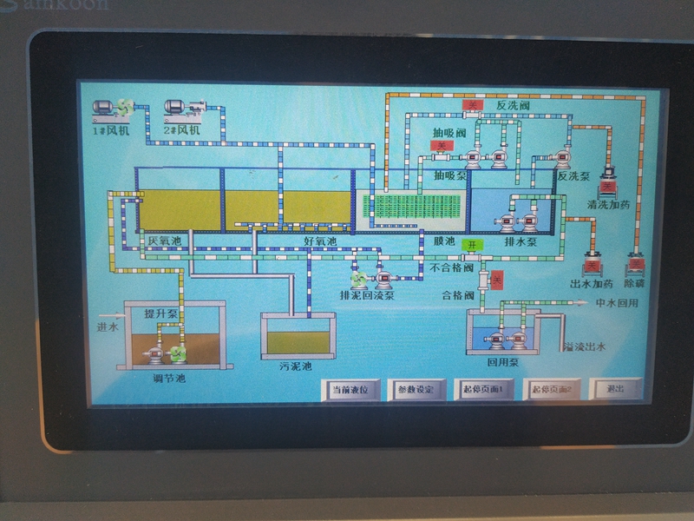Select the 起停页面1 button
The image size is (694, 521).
[483, 389]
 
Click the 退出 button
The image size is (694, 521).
[615, 388]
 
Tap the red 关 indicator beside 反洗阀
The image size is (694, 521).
[473, 106]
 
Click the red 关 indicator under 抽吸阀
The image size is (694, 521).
[441, 146]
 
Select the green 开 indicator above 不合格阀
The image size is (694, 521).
[471, 245]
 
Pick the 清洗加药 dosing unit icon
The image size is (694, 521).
[607, 182]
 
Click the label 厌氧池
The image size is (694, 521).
[163, 241]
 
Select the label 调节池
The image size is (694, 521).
[167, 378]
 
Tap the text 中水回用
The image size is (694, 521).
[617, 303]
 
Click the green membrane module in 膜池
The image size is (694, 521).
[412, 209]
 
